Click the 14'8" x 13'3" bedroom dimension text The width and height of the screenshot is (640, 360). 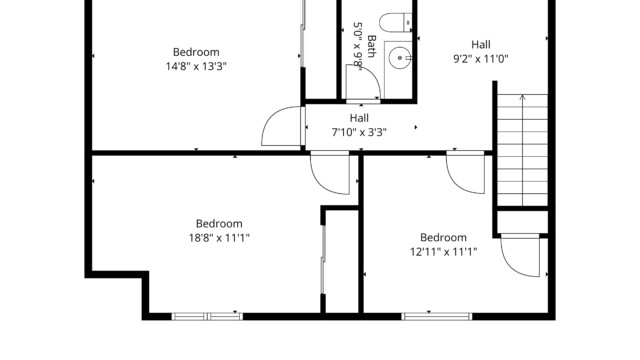coord(196,66)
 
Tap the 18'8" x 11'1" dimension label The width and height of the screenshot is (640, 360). coord(219,238)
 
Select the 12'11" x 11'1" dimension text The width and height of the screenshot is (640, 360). coord(443,251)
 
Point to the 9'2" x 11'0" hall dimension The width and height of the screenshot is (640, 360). coord(481,59)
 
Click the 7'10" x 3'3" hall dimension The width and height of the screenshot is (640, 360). coord(359,132)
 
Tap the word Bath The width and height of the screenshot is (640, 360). coord(371,46)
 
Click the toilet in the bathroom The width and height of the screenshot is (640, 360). coord(395,22)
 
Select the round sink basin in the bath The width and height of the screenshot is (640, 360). coord(399,58)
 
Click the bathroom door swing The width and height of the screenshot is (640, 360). coord(363,82)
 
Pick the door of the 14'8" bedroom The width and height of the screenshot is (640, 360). coord(282,126)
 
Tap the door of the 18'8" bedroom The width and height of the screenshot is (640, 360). coord(330,173)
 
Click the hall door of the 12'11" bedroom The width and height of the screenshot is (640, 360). coord(465,172)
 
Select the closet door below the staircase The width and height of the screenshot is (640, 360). coord(520,255)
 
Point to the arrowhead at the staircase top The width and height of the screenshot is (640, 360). coord(522,97)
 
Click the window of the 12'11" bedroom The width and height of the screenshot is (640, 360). coord(437,316)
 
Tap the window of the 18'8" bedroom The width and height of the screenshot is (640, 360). coord(207,316)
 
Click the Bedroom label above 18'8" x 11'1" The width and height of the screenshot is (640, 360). coord(219,224)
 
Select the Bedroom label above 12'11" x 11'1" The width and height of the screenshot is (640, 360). coord(443,238)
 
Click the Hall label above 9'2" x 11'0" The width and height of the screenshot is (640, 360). coord(481,44)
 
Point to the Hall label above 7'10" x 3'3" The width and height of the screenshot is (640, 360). coord(359,118)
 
